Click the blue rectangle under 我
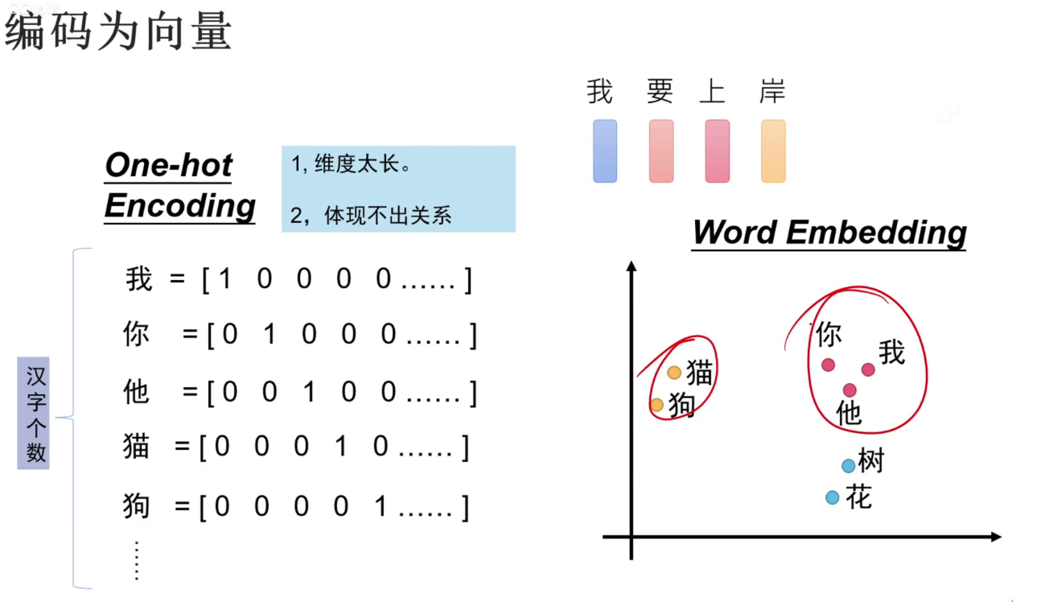605,151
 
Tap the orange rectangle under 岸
773,151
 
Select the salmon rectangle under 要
661,151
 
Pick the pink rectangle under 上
717,151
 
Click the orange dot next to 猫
674,373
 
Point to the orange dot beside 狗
656,405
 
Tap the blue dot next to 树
848,465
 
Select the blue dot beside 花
832,497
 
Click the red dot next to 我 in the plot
868,369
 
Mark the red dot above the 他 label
850,390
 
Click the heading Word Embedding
829,233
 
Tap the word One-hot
168,165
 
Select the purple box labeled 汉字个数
35,413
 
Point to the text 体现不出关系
388,215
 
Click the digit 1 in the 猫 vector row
341,447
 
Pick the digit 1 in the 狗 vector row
381,507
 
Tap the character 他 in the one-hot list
137,391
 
